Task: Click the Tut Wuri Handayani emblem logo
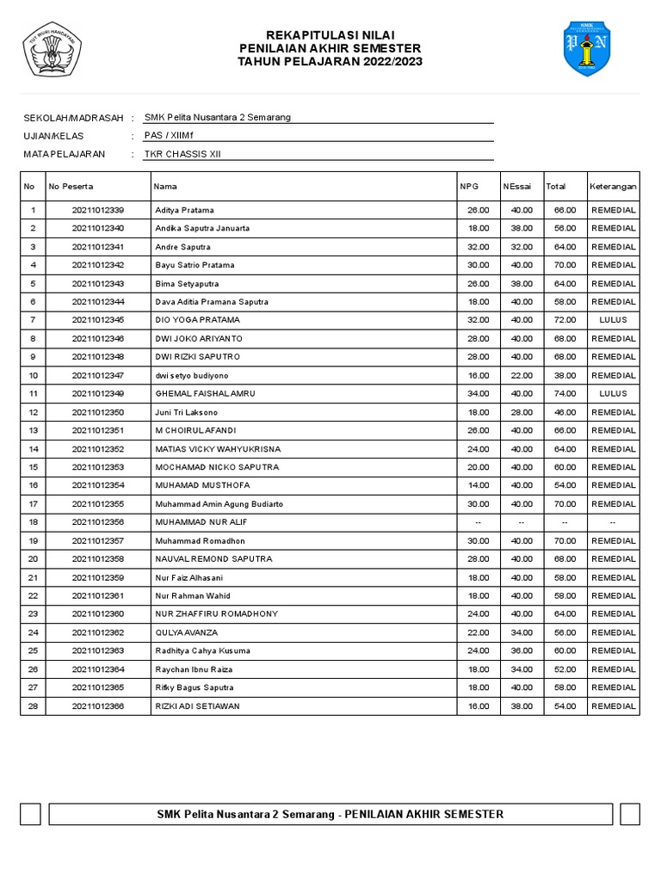(x=52, y=49)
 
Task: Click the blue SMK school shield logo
(x=587, y=48)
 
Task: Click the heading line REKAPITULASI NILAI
(x=330, y=34)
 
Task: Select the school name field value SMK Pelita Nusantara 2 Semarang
(x=218, y=117)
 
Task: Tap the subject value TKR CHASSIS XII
(x=188, y=154)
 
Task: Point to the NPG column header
(x=469, y=186)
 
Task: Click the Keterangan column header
(x=613, y=186)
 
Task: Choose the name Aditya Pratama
(x=184, y=210)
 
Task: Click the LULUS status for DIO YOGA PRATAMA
(x=613, y=320)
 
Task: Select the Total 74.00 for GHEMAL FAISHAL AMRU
(x=565, y=394)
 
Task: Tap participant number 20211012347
(x=98, y=375)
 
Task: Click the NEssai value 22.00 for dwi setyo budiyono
(x=522, y=375)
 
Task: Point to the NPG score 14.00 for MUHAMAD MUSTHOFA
(x=479, y=486)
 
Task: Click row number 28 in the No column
(x=33, y=706)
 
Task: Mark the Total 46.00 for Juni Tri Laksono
(x=565, y=412)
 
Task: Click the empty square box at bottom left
(x=31, y=814)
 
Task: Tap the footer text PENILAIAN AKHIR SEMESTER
(x=423, y=814)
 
